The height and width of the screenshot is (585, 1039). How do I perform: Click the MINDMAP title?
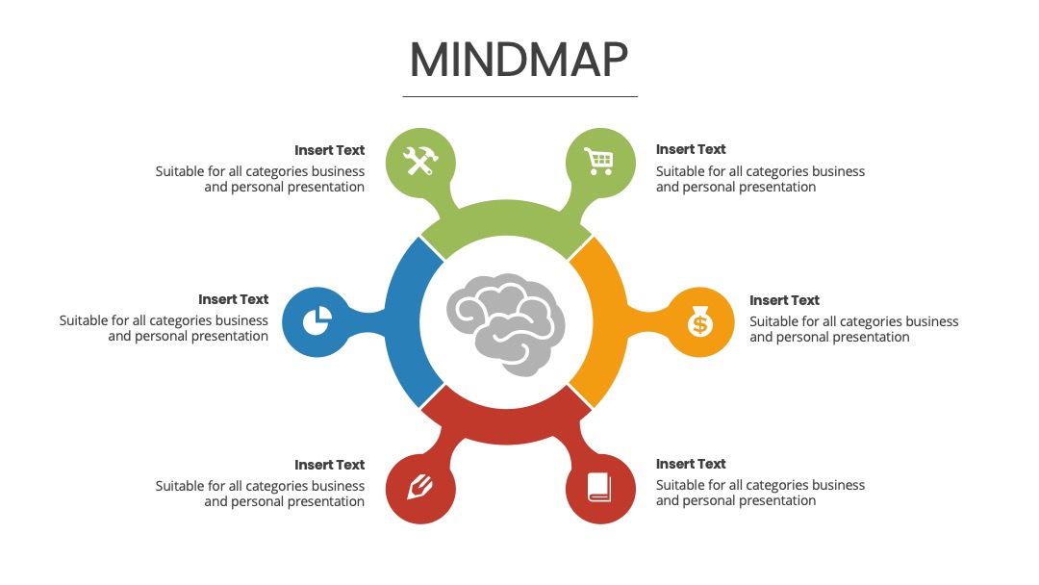tap(519, 60)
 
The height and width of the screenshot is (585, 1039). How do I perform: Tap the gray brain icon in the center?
tap(506, 324)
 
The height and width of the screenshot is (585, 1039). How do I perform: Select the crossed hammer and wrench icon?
tap(420, 162)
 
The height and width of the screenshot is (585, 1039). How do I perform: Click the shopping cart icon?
tap(599, 161)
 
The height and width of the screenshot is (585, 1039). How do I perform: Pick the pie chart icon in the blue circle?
tap(317, 321)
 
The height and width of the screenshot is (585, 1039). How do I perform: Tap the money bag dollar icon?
tap(699, 322)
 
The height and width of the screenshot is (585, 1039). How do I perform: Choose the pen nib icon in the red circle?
tap(419, 488)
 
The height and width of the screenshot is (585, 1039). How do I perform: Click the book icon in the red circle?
tap(599, 488)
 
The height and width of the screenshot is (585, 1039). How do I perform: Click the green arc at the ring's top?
tap(506, 218)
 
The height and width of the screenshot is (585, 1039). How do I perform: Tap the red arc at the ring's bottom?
tap(506, 426)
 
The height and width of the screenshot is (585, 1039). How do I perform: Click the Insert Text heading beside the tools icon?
tap(329, 150)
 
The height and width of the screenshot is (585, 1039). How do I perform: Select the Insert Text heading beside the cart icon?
tap(691, 149)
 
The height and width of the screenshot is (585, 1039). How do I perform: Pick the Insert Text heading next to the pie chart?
tap(233, 299)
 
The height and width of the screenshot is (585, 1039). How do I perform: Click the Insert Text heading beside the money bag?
tap(785, 300)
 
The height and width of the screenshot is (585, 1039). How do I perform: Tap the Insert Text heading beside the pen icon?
tap(329, 465)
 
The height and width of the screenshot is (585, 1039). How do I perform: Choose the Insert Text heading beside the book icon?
tap(691, 464)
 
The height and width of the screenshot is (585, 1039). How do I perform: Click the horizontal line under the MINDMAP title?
tap(520, 97)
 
